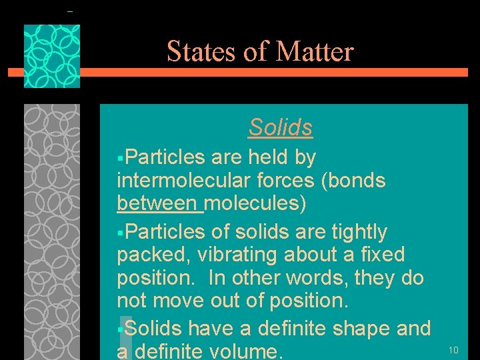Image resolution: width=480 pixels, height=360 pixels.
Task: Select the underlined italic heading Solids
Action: point(281,127)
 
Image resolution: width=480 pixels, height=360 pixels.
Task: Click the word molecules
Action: point(255,203)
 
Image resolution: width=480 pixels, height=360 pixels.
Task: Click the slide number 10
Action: point(453,350)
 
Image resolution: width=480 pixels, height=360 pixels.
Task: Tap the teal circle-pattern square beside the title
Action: point(52,56)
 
